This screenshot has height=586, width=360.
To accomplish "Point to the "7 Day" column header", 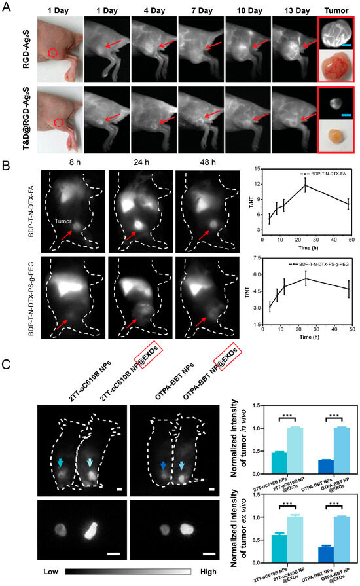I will coord(200,10).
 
